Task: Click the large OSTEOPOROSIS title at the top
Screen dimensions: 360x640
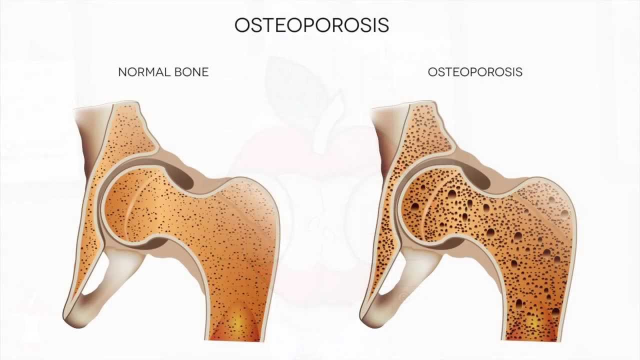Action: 311,25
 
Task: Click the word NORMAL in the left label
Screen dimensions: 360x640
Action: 141,72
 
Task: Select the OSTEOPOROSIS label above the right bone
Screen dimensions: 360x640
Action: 475,72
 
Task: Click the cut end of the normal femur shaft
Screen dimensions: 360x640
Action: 235,335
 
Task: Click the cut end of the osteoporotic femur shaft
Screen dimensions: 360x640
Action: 532,335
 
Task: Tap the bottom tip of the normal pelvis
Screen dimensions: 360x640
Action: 70,317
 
